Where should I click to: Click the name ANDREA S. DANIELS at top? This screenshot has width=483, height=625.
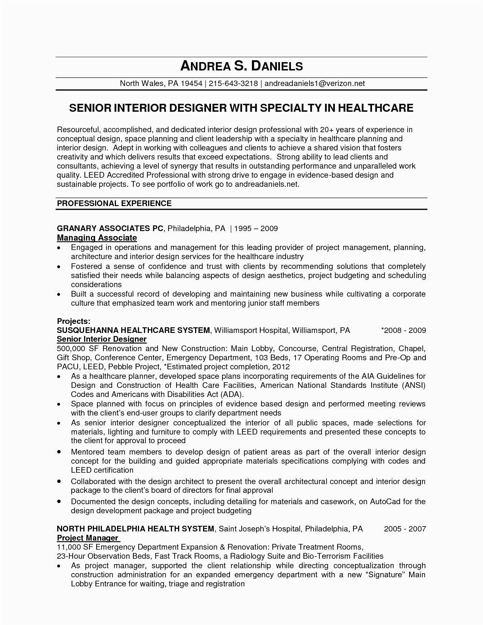(241, 67)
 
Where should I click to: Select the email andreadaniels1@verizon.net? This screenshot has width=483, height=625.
(314, 83)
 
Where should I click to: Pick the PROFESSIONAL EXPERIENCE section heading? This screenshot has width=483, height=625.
(114, 203)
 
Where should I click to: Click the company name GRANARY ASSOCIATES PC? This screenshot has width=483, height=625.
(110, 228)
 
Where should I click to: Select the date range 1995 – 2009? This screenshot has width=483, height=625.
(256, 228)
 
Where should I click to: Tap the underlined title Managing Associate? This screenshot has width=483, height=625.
(97, 238)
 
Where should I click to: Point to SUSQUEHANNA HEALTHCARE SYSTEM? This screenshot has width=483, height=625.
(133, 330)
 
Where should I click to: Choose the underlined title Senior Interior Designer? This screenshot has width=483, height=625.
(102, 339)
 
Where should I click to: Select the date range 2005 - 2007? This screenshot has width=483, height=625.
(405, 529)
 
